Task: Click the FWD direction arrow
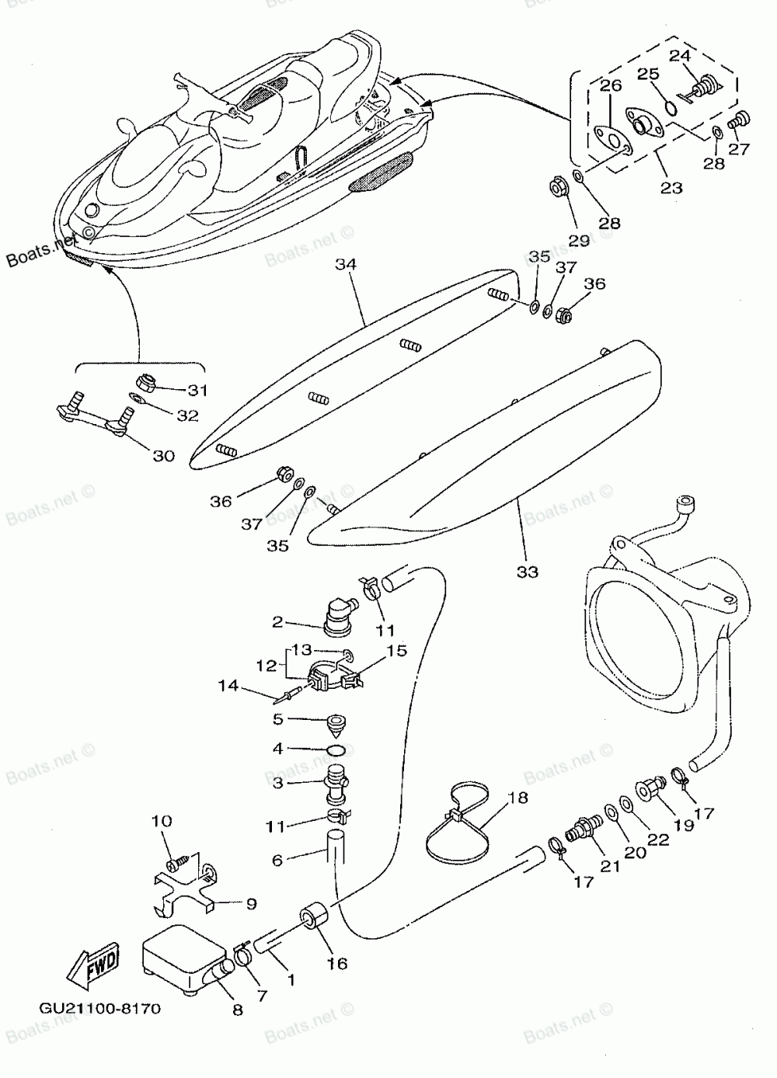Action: click(x=92, y=969)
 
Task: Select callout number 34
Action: click(x=346, y=265)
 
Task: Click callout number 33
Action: click(x=528, y=572)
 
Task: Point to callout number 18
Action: click(x=518, y=798)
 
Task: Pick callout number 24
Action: click(x=680, y=55)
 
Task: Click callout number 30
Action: click(x=163, y=456)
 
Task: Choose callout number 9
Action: click(x=252, y=904)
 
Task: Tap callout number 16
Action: click(x=337, y=964)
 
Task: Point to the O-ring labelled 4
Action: click(x=336, y=750)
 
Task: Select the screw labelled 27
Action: click(x=739, y=120)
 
